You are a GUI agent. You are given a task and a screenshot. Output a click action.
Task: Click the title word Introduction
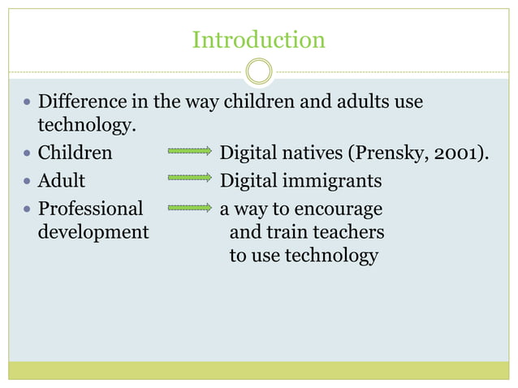pos(258,39)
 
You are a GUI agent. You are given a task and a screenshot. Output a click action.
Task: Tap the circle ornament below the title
pos(259,71)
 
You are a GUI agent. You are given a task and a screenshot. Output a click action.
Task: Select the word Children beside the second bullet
pos(76,152)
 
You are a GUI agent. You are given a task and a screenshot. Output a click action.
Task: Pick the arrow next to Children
pos(189,152)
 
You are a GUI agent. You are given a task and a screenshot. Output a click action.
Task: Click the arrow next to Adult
pos(189,177)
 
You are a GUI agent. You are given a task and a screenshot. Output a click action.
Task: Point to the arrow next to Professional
pos(189,208)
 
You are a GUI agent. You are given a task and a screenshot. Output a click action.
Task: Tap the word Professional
pos(91,209)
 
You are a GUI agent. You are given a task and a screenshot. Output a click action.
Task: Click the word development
pos(93,232)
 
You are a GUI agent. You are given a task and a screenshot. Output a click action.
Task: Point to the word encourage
pos(341,209)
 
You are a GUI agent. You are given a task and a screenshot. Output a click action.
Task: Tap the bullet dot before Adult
pos(28,179)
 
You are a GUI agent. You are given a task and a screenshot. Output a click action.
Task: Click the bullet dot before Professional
pos(28,209)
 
